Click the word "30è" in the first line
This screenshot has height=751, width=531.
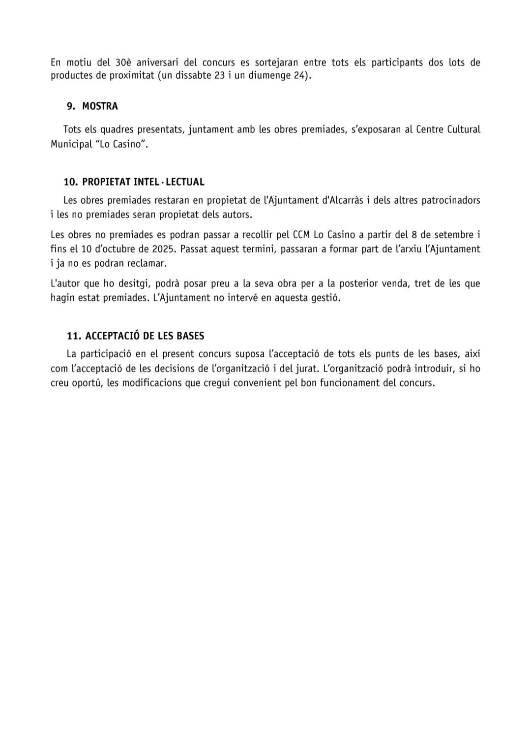click(x=121, y=63)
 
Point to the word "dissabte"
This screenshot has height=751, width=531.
click(x=195, y=76)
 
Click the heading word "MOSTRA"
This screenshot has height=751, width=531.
click(x=100, y=106)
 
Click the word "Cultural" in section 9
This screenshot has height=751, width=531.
click(x=462, y=129)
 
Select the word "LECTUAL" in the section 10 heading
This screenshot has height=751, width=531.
click(x=185, y=182)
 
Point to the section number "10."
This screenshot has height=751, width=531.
click(x=71, y=182)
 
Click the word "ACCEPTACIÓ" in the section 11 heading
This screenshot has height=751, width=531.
click(x=113, y=336)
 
